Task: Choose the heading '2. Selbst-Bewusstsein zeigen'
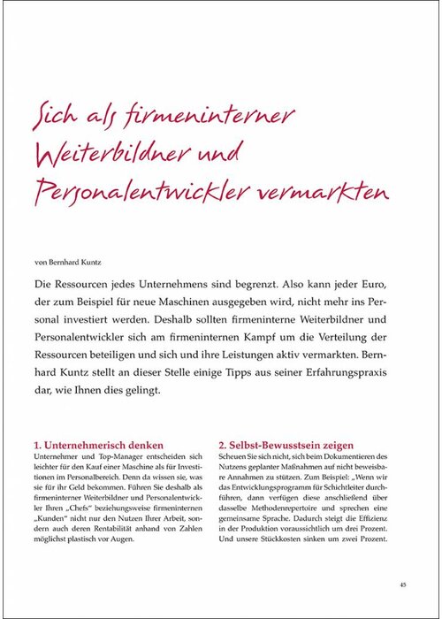286,445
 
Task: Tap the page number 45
402,584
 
